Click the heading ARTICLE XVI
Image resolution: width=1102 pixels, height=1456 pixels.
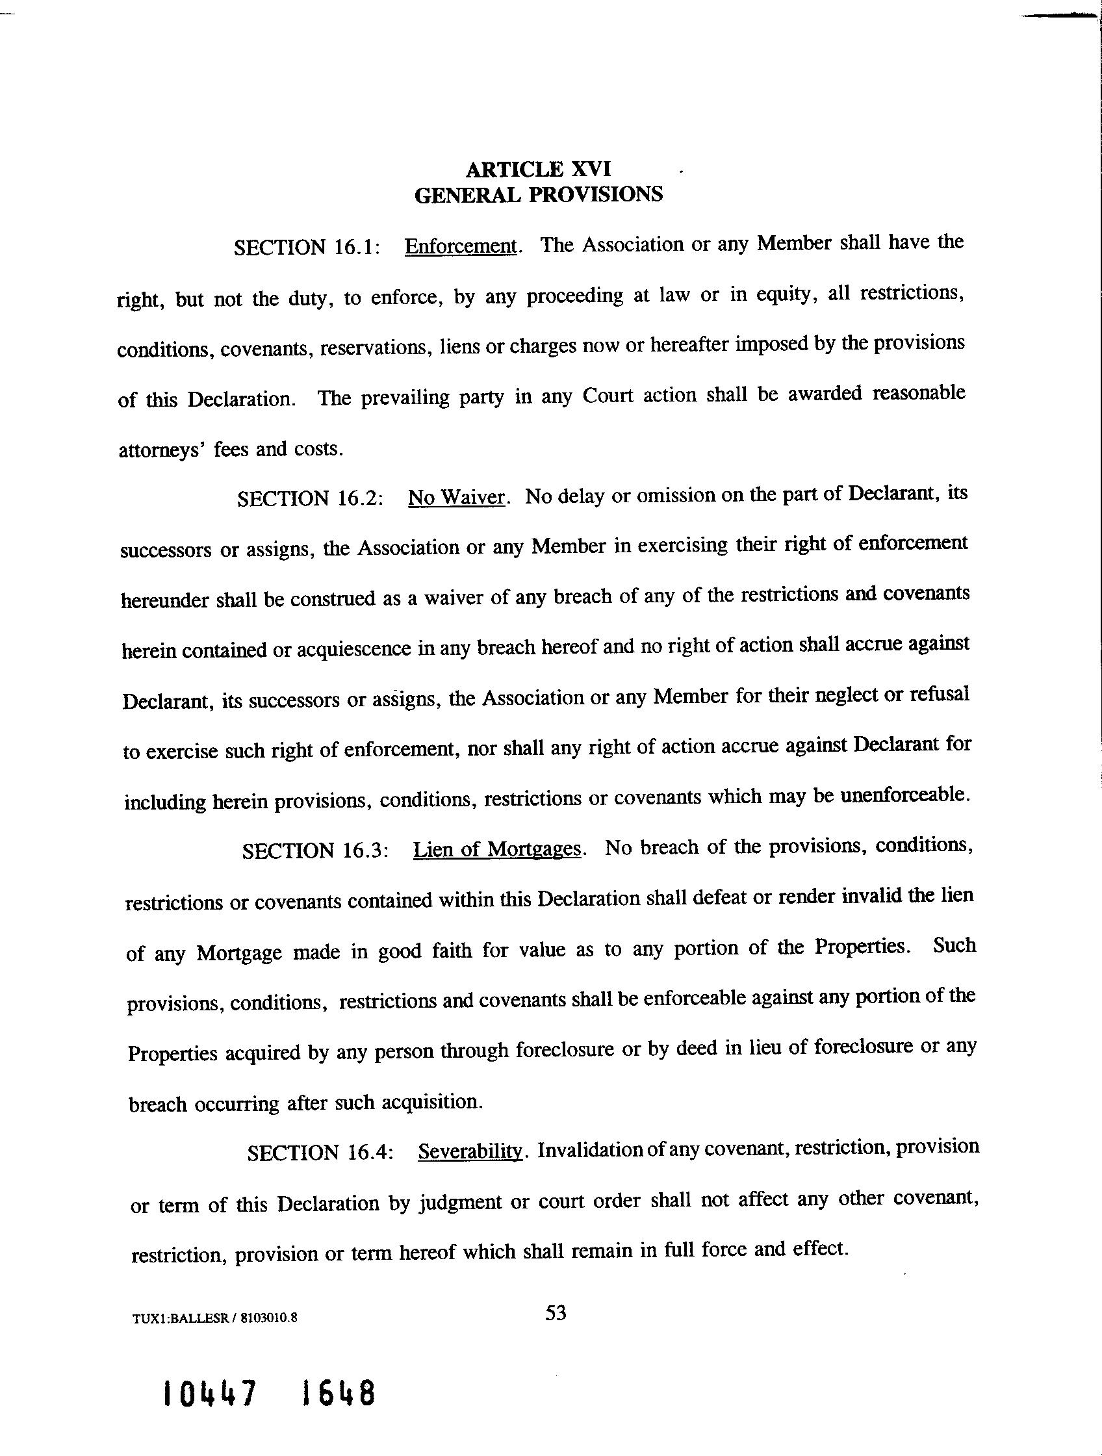538,169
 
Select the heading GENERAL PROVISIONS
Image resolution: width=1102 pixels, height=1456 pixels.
538,195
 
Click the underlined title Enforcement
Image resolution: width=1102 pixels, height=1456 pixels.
461,246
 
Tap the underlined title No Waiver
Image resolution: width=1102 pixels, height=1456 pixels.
456,497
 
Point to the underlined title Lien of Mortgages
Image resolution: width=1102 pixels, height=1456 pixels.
497,850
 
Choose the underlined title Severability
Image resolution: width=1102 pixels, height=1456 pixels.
470,1151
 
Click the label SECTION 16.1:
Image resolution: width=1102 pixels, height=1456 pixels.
307,248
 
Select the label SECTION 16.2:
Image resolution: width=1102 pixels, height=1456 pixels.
310,498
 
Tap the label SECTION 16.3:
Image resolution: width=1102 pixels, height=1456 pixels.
315,851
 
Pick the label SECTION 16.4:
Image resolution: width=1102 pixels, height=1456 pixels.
320,1153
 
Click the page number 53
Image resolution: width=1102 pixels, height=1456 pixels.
556,1313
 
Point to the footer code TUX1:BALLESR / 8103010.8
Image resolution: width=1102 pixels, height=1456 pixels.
214,1318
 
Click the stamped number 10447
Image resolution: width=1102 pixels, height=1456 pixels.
209,1394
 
